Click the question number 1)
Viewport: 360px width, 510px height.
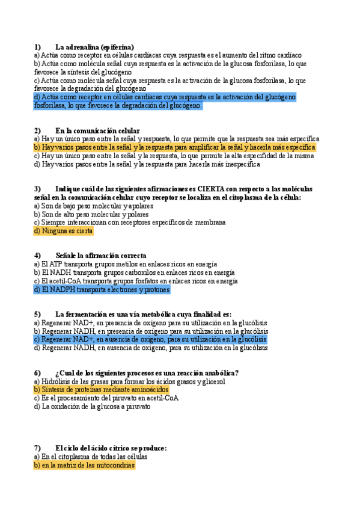point(37,46)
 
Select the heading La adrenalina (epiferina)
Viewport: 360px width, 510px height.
point(94,46)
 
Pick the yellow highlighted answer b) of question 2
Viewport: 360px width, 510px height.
point(174,147)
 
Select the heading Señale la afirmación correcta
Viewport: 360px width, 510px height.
point(100,256)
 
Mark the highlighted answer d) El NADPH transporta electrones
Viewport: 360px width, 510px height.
point(102,289)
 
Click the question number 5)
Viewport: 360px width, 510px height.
point(37,314)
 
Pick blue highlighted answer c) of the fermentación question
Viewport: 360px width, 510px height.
point(150,339)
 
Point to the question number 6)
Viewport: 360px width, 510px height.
point(37,372)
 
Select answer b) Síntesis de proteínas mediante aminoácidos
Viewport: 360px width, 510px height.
point(102,389)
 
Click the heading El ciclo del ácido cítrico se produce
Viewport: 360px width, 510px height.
point(111,448)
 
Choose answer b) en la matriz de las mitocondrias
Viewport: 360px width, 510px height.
point(85,465)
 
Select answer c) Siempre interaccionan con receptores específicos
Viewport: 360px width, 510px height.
point(130,222)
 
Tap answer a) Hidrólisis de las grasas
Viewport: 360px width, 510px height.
point(130,381)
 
